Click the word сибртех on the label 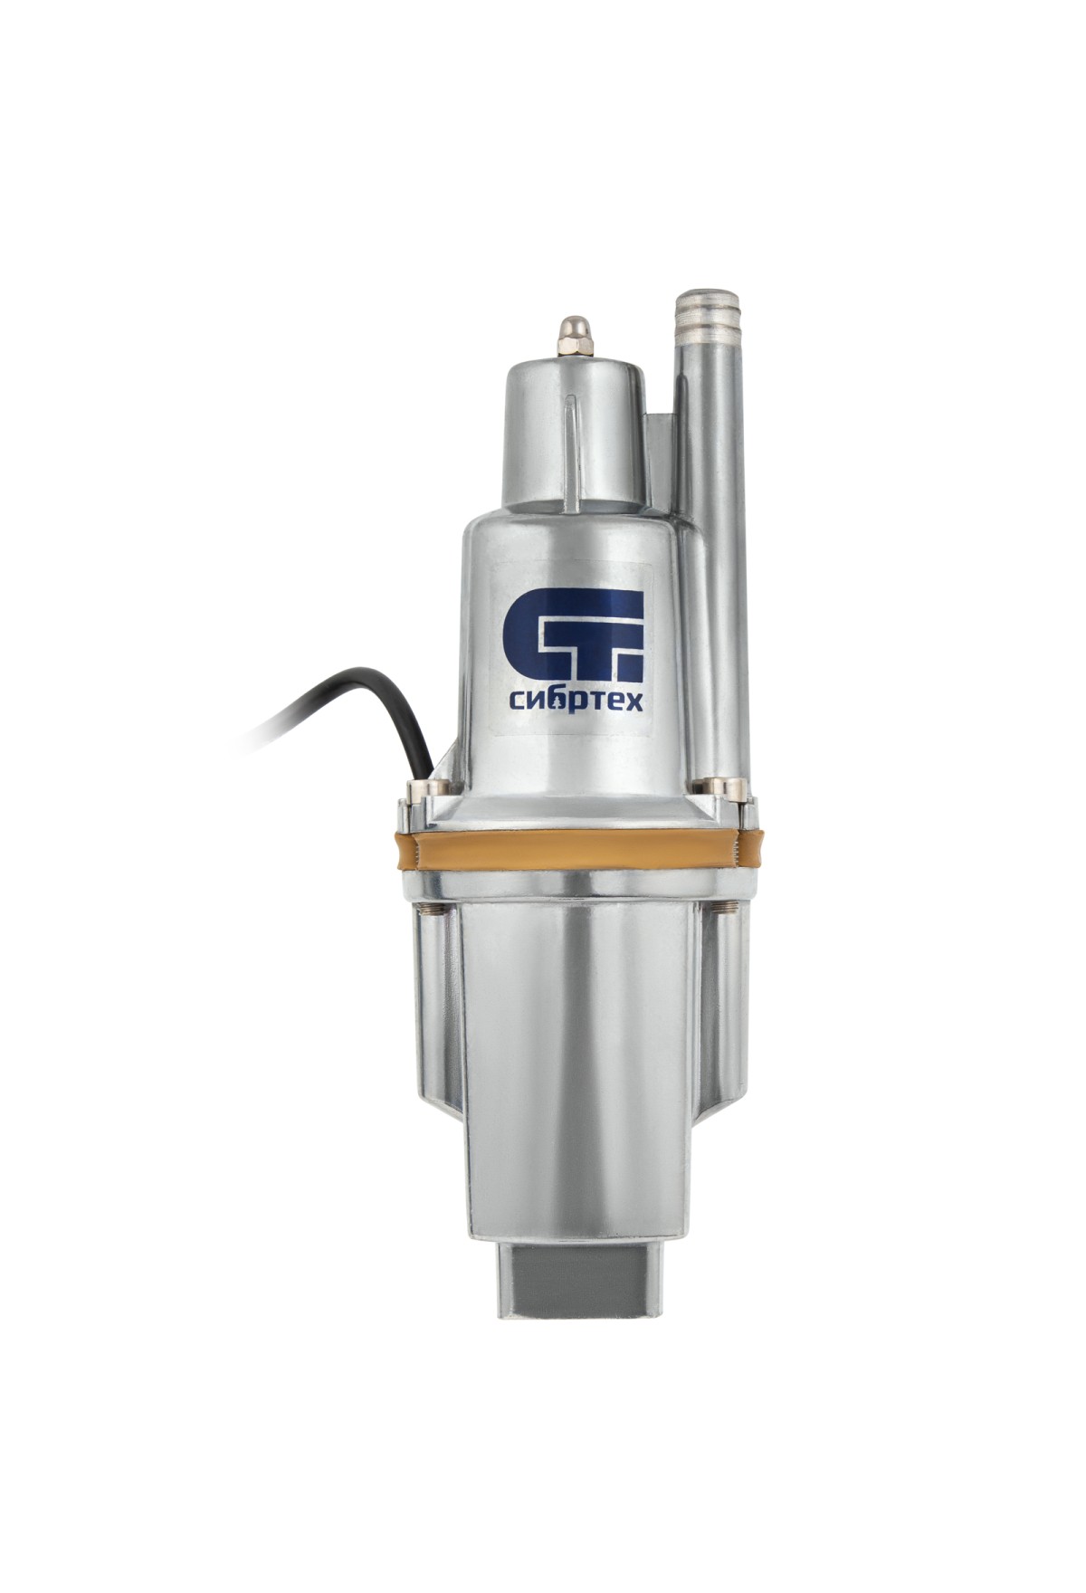tap(573, 701)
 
